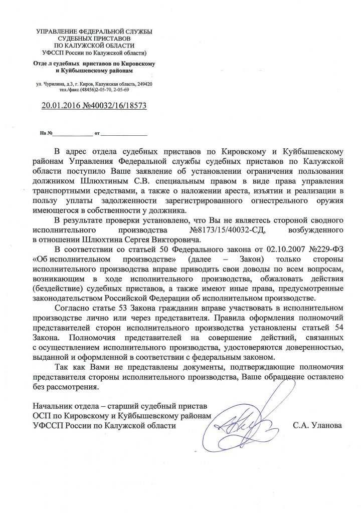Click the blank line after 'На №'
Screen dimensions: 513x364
[72, 134]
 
